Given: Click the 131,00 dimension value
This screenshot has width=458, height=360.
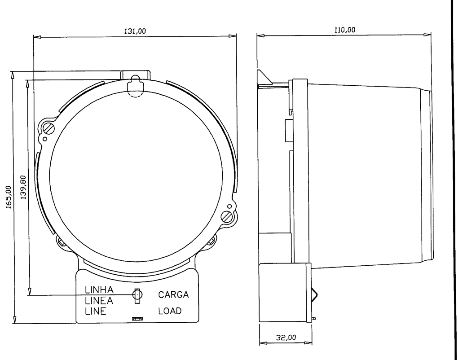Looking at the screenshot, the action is pos(135,31).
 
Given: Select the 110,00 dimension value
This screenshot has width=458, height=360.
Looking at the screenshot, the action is pos(345,30).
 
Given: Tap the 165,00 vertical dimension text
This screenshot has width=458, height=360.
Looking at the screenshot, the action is pos(9,197).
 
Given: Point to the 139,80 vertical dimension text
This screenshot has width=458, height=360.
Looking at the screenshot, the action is pos(23,187).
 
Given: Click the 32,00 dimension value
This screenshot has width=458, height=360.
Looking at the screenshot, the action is pos(286,338).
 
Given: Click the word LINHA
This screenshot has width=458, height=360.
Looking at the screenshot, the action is pos(99,290).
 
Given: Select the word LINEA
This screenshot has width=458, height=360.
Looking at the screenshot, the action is pos(99,300).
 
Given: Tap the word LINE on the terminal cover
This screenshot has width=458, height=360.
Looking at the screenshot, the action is pos(95,311).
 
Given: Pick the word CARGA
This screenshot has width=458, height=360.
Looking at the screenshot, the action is pos(173,294).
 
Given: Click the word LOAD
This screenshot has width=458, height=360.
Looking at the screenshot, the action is pos(170,311).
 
